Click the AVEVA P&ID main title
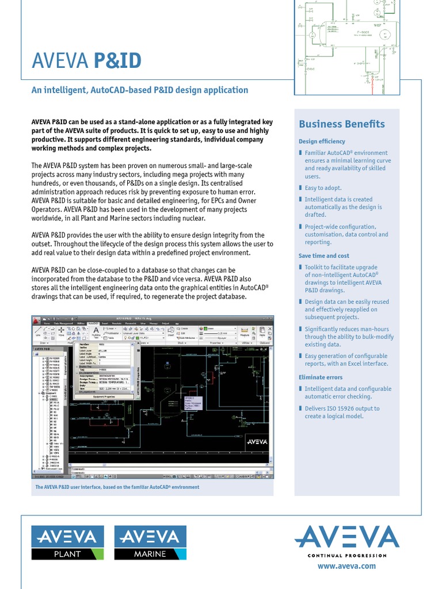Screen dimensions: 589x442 (86, 61)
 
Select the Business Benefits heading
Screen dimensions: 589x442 (342, 124)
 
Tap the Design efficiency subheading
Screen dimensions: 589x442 (322, 141)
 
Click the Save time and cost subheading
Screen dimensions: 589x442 (323, 255)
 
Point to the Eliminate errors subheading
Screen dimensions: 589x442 (320, 377)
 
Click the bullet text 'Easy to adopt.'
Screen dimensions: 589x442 (323, 188)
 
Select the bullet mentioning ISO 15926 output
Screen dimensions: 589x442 (342, 412)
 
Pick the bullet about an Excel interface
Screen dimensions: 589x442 (346, 360)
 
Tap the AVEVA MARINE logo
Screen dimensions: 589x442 (150, 542)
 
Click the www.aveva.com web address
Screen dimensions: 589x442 (346, 566)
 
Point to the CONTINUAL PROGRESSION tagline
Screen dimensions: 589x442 (346, 555)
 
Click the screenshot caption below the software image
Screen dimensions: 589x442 (117, 487)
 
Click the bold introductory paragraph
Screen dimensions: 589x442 (151, 135)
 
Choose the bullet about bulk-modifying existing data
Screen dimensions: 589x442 (346, 336)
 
